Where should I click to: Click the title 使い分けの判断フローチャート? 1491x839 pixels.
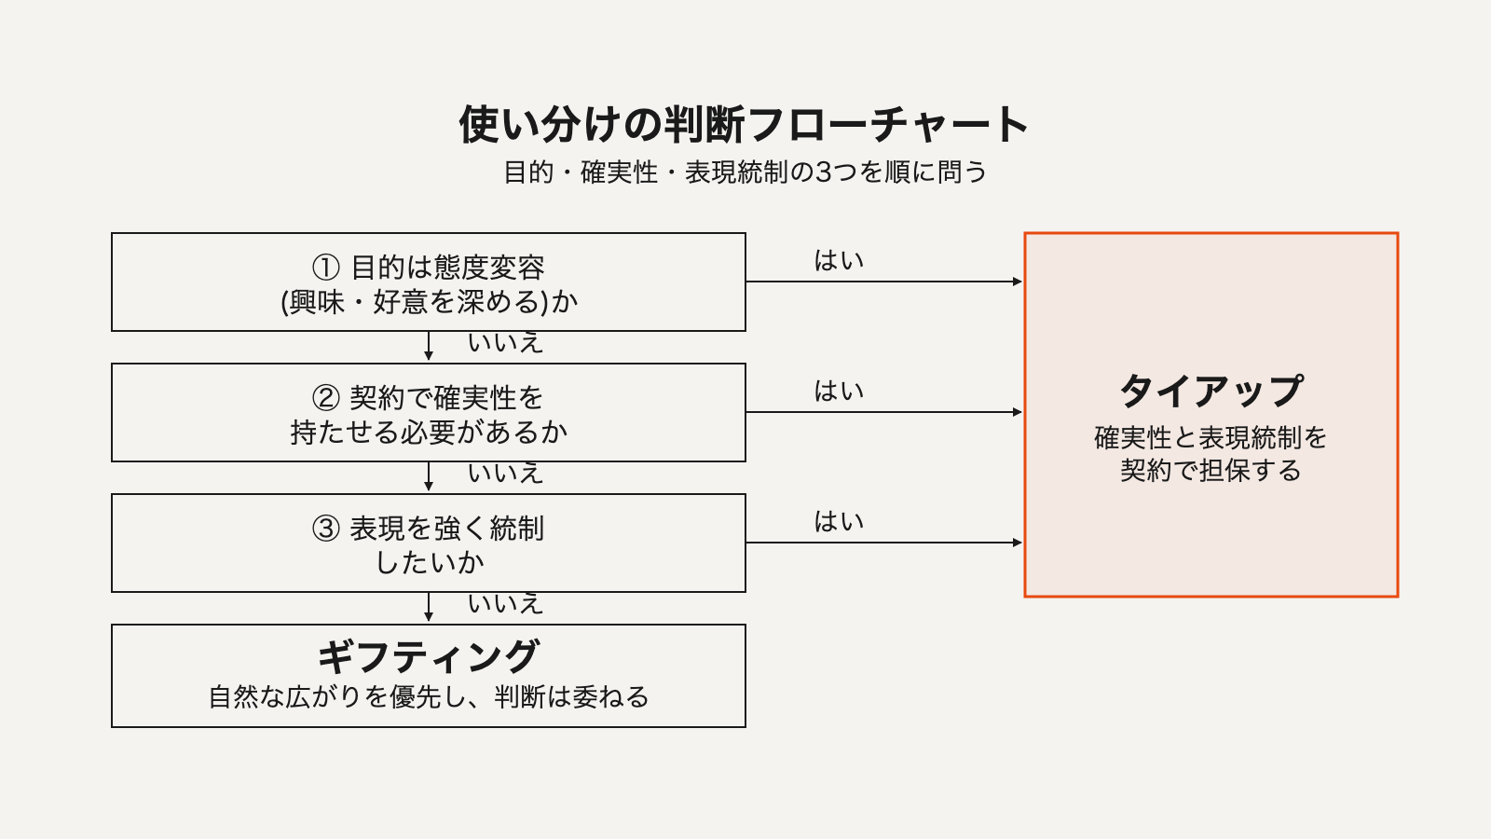(x=745, y=125)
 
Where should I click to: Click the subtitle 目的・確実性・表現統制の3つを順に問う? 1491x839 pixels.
(x=745, y=172)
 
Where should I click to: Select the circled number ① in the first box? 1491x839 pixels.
(x=326, y=268)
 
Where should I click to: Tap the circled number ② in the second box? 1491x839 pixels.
(x=326, y=399)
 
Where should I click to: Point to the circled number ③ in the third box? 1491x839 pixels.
(x=326, y=530)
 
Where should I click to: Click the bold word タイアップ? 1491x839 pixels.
(x=1211, y=391)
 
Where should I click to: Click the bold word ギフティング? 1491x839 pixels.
(x=428, y=657)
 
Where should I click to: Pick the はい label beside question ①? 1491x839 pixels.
(x=839, y=260)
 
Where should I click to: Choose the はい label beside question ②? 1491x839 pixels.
(x=839, y=391)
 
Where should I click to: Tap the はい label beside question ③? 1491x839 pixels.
(x=839, y=521)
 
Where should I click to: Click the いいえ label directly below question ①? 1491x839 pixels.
(x=506, y=343)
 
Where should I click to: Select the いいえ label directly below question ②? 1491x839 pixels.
(x=506, y=474)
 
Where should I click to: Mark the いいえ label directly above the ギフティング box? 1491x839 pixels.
(x=506, y=604)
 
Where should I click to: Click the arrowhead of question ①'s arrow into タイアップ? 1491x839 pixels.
(x=1018, y=282)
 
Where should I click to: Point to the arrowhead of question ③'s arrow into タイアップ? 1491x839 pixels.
(x=1018, y=543)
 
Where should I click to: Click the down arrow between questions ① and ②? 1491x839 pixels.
(x=429, y=346)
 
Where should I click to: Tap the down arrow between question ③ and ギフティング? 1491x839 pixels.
(x=429, y=607)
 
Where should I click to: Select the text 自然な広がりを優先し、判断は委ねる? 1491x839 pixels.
(x=429, y=697)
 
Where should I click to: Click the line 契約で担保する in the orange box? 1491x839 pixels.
(x=1211, y=471)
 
